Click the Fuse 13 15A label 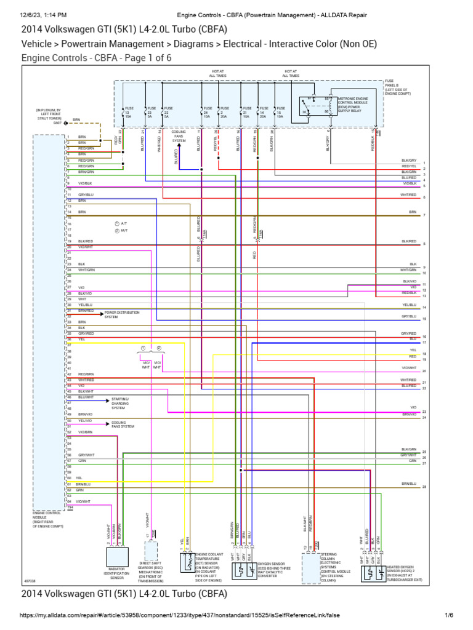(129, 114)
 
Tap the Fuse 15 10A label (280, 114)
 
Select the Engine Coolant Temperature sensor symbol (186, 561)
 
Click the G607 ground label (57, 123)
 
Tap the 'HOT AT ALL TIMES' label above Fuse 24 (217, 73)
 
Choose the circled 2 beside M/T (116, 230)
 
